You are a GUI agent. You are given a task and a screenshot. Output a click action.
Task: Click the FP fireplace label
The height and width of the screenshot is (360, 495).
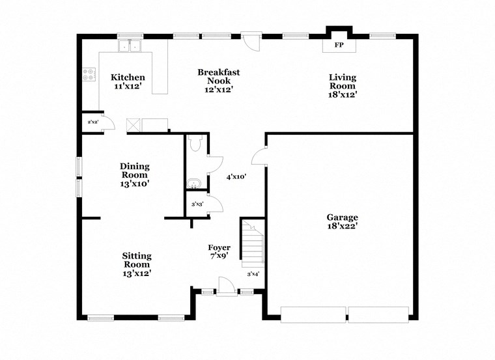(x=339, y=46)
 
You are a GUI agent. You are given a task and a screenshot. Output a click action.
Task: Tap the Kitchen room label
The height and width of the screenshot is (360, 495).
(x=127, y=77)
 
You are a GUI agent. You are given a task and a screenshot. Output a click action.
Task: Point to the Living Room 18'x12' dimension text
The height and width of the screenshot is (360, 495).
(x=342, y=94)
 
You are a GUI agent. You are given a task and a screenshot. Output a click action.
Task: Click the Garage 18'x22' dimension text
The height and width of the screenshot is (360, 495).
(x=342, y=227)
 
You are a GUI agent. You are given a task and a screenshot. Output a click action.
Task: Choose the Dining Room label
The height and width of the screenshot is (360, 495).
(x=134, y=171)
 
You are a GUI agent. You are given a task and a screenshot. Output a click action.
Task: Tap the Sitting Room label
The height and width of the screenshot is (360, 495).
(x=137, y=260)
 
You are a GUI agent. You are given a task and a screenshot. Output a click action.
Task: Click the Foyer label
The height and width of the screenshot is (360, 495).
(x=219, y=247)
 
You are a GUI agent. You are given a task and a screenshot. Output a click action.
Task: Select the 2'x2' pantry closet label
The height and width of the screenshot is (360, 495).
(x=93, y=122)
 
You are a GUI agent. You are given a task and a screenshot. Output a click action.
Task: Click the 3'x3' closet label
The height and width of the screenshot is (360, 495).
(x=196, y=204)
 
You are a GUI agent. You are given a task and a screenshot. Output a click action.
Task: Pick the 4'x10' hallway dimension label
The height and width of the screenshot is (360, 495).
(x=236, y=176)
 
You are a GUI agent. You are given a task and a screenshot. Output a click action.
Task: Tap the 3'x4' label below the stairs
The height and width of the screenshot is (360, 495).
(x=253, y=274)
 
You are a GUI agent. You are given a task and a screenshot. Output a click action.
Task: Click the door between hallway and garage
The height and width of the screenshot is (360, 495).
(x=259, y=156)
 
